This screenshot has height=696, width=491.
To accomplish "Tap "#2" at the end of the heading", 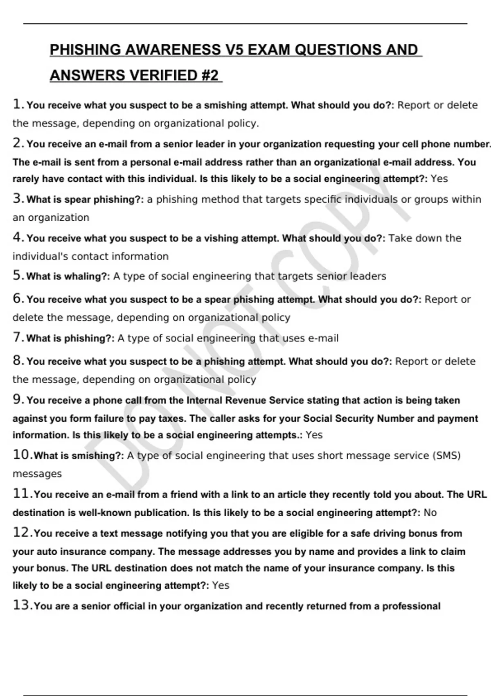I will point(209,76).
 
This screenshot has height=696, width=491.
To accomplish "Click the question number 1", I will point(17,104).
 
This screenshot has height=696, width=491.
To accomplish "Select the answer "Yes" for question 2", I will point(439,179).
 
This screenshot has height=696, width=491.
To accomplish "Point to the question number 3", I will point(17,199).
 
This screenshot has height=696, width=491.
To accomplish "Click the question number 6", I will point(17,298).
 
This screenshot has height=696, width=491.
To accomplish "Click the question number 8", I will point(17,361).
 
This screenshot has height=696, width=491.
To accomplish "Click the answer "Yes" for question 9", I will point(314,435).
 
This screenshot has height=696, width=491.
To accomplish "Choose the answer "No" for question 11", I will point(430,513).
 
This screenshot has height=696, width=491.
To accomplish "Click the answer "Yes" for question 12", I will point(221,585).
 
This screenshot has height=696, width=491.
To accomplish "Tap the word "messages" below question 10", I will point(37,474).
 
